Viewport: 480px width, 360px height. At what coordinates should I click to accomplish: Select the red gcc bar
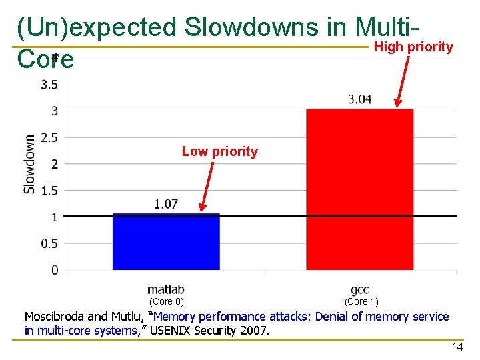coord(359,190)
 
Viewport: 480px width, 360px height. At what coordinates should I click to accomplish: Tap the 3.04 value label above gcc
coord(359,99)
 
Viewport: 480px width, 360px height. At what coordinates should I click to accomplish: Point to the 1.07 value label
coord(166,204)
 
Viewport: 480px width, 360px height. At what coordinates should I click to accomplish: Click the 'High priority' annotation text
coord(413,47)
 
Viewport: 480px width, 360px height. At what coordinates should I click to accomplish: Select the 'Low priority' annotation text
coord(219,151)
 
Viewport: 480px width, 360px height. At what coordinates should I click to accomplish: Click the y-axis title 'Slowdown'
coord(30,164)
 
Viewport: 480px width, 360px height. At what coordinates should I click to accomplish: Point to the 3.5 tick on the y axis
coord(49,85)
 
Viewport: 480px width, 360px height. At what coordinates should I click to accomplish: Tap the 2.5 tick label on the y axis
coord(49,137)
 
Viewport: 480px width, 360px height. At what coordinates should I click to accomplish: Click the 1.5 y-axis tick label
coord(49,191)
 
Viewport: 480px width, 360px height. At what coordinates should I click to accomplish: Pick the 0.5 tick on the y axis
coord(49,244)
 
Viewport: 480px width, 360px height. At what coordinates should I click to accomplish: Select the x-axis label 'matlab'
coord(165,290)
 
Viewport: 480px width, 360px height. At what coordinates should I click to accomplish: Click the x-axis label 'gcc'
coord(359,290)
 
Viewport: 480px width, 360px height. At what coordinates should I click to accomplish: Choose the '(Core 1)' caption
coord(361,301)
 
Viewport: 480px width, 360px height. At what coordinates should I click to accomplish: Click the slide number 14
coord(457,347)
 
